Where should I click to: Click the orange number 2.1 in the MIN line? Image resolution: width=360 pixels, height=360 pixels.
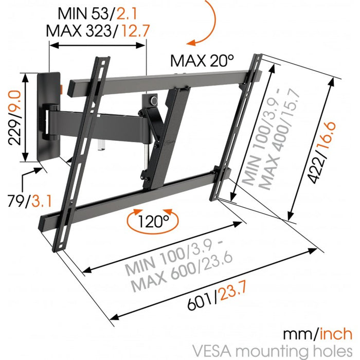pos(127,13)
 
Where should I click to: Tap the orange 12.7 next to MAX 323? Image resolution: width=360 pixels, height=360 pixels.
pos(135,30)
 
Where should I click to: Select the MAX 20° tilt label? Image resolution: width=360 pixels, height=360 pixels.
pos(202,61)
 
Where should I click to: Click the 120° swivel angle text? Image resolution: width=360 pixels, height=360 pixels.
pos(153,221)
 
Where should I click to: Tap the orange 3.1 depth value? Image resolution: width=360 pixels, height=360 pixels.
pos(42,201)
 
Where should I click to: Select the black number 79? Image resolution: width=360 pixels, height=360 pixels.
pos(16,201)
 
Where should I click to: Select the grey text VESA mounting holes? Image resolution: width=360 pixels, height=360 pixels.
pos(272,351)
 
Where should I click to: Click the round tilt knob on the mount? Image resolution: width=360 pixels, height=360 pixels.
pos(154,100)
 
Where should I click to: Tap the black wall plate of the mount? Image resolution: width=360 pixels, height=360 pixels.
pos(49,116)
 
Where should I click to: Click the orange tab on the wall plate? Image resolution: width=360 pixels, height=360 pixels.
pos(61,89)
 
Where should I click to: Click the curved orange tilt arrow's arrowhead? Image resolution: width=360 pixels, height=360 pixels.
pos(191,43)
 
